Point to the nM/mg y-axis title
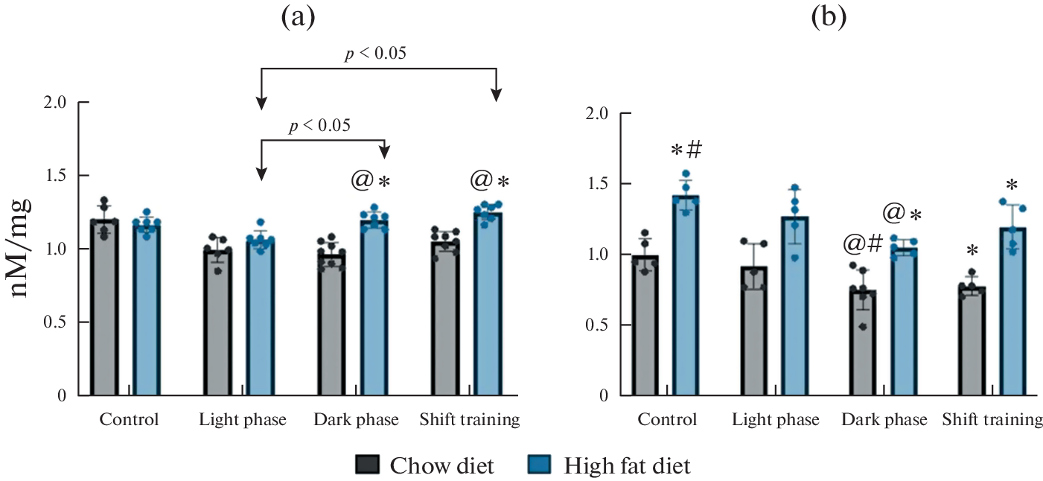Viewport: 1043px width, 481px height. point(24,247)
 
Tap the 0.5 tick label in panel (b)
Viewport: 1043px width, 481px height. point(598,325)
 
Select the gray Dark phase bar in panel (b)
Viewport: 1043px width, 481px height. point(862,343)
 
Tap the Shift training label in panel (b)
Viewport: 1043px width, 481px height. point(992,420)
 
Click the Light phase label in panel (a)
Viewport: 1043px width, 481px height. point(243,420)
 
